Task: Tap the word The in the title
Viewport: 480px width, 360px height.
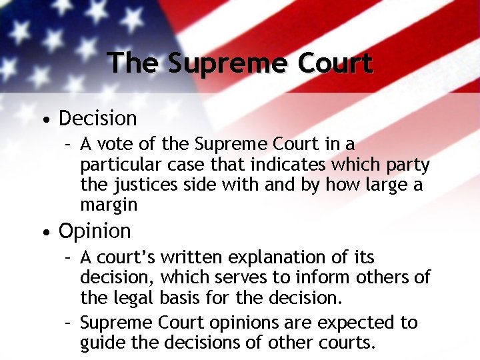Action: click(x=133, y=63)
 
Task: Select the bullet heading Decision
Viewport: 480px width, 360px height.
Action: click(x=97, y=119)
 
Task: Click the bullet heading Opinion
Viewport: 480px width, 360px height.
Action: click(x=95, y=231)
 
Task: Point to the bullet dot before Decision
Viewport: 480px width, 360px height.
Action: click(x=44, y=121)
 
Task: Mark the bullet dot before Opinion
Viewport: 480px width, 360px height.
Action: click(x=44, y=233)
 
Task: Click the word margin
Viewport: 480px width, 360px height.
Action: click(x=109, y=205)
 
